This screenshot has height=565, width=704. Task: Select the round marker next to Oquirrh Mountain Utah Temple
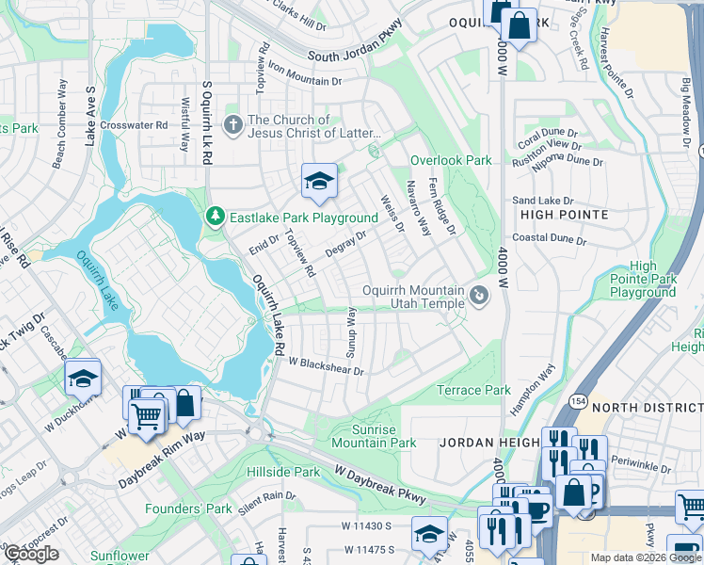pyautogui.click(x=479, y=297)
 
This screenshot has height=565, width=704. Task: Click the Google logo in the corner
pyautogui.click(x=31, y=554)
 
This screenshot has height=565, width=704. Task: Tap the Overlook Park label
pyautogui.click(x=451, y=161)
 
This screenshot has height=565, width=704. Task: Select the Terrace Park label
pyautogui.click(x=473, y=390)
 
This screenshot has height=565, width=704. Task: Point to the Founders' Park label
pyautogui.click(x=188, y=508)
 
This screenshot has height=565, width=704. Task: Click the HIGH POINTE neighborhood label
pyautogui.click(x=564, y=215)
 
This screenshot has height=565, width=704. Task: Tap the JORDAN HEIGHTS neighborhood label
pyautogui.click(x=488, y=442)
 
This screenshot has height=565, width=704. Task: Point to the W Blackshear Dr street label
pyautogui.click(x=326, y=364)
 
